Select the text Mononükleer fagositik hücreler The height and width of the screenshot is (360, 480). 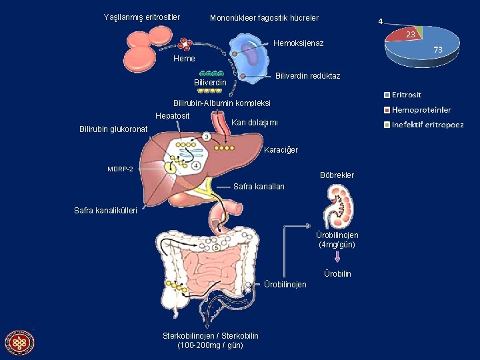coord(264,18)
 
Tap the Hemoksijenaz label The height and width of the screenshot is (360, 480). coord(299,43)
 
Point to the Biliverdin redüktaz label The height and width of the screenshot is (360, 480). coord(307,76)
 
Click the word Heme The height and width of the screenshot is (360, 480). coord(184,59)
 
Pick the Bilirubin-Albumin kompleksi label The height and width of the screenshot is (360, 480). coord(221,103)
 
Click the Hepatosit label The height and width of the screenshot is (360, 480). coord(173,116)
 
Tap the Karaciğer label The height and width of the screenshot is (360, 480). coord(281,150)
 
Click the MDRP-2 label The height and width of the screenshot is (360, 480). coord(120,169)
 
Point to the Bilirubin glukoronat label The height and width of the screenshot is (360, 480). coord(113,129)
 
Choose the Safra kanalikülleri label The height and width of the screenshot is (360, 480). coord(105,211)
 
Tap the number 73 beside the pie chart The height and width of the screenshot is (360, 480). coord(438,50)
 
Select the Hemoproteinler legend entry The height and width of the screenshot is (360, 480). coord(421,110)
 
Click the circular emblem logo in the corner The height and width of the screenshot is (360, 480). coord(19,343)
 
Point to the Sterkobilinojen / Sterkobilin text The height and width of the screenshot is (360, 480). coord(211,340)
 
